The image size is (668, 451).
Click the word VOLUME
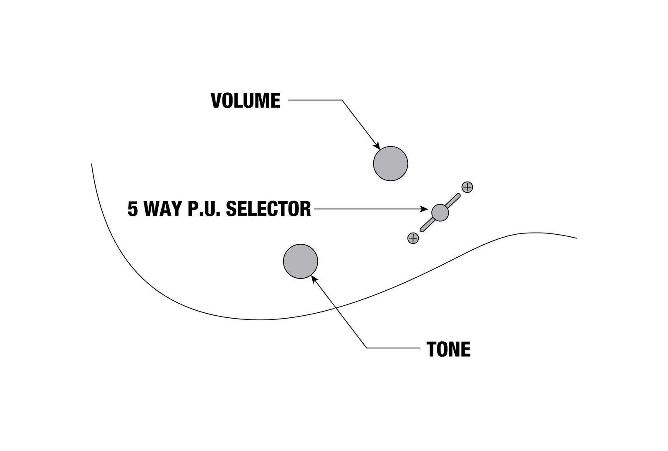[245, 101]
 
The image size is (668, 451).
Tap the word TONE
[448, 349]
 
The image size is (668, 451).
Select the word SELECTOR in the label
[268, 209]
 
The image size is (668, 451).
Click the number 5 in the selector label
[133, 209]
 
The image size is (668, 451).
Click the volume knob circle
[390, 163]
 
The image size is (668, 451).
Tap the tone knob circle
[301, 261]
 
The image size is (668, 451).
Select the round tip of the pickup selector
[440, 213]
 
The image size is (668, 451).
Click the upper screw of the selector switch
[467, 187]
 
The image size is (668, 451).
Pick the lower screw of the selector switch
[413, 238]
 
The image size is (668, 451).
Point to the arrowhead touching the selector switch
[424, 209]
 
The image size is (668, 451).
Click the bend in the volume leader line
[342, 100]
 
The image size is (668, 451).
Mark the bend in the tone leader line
[367, 348]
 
